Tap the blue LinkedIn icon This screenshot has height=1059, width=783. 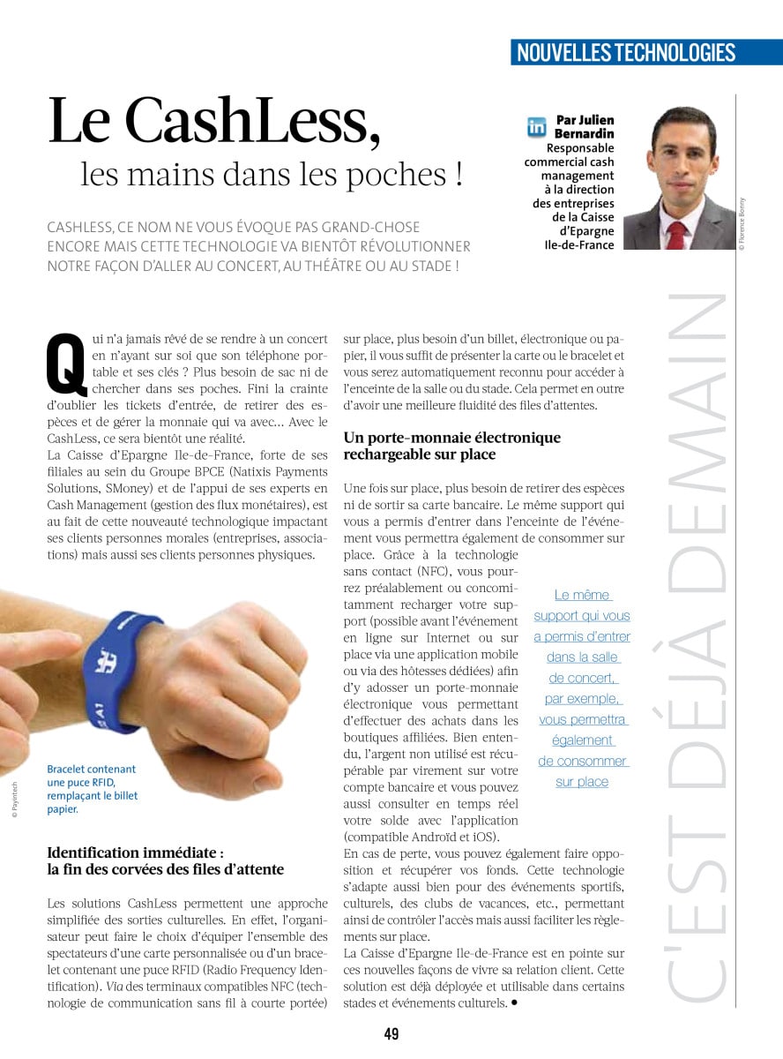[536, 126]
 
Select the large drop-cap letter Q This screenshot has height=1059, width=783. [66, 363]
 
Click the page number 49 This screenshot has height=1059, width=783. [391, 1033]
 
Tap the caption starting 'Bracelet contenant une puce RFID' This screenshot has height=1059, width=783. [93, 788]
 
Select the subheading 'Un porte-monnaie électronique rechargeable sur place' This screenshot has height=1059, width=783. [451, 446]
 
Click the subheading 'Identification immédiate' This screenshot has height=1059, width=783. [135, 853]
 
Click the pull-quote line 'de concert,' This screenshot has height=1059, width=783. [582, 678]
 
